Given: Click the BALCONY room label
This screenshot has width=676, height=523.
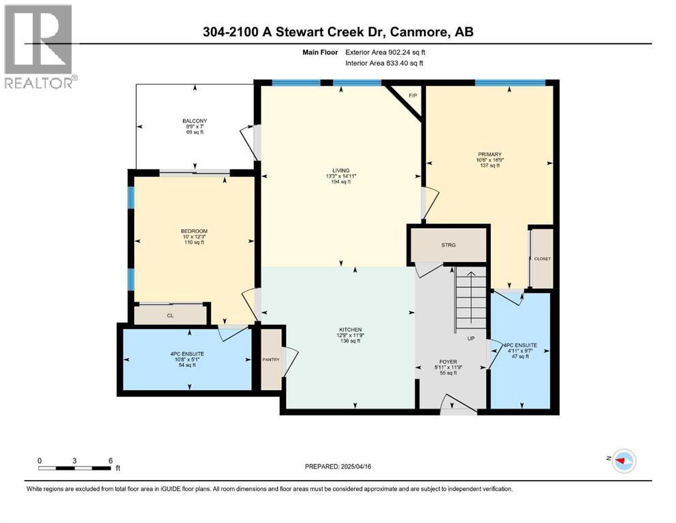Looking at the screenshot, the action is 195,121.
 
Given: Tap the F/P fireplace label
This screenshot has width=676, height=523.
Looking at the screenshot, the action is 413,95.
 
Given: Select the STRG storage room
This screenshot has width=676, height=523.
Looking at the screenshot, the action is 449,245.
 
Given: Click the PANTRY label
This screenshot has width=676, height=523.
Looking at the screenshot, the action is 271,360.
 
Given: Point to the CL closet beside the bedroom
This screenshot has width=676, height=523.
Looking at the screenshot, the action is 170,315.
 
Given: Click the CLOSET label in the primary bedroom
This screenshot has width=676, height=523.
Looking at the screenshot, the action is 543,259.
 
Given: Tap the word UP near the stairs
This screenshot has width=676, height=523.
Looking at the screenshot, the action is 471,338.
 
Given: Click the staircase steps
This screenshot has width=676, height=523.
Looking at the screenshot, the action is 471,300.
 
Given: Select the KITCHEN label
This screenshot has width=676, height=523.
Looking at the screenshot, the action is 350,330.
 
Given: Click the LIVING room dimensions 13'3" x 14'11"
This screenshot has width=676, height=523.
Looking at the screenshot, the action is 341,176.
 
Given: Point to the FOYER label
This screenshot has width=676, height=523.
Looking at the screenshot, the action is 449,362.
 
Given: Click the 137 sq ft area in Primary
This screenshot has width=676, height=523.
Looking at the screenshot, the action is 489,165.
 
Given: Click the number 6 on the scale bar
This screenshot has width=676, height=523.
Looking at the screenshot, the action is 110,460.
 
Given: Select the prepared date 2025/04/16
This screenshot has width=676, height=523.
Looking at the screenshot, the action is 355,466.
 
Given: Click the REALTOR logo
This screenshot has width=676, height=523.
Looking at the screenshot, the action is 39,46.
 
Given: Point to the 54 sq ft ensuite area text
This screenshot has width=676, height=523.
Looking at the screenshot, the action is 187,365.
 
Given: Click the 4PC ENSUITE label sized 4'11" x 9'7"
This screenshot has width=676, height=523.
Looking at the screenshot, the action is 520,345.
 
